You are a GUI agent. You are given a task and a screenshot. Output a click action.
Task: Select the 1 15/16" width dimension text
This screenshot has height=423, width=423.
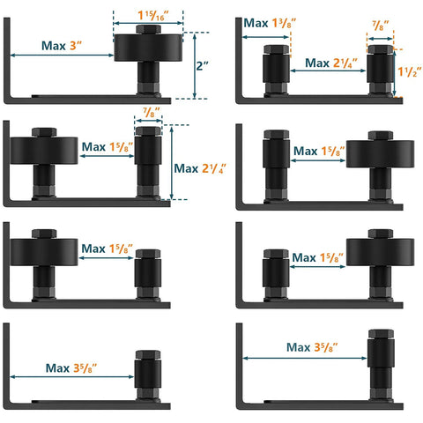(x=148, y=16)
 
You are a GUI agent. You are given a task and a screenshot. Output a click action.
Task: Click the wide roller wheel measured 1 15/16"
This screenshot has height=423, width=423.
(x=148, y=44)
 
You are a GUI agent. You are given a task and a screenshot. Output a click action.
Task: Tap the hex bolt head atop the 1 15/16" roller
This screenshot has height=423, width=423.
(x=148, y=29)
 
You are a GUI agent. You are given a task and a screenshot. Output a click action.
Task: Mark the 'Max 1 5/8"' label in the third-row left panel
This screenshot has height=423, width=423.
(x=105, y=249)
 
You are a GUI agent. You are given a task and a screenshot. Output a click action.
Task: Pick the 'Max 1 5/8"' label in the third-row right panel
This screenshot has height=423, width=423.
(x=316, y=257)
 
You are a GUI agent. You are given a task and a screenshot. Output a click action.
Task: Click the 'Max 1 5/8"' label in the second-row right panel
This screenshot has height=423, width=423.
(x=318, y=151)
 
